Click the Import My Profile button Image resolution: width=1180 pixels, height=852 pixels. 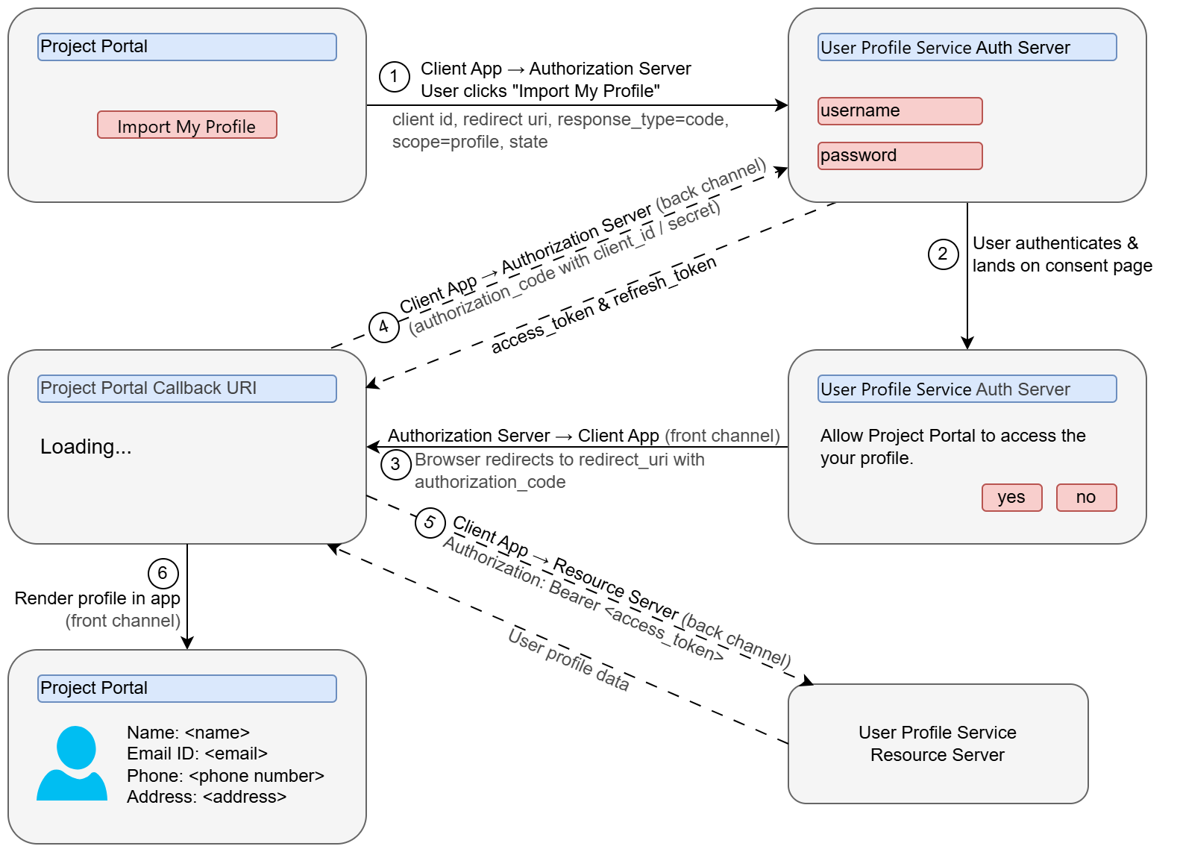[x=186, y=125]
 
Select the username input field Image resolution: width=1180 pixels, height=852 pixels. [x=900, y=111]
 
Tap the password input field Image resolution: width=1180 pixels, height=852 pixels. [x=900, y=156]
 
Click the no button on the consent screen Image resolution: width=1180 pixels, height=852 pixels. [x=1086, y=498]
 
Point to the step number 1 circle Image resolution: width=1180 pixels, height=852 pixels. [x=395, y=77]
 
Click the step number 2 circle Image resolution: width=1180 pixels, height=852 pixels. [x=943, y=254]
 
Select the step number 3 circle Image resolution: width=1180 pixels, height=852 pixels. [x=395, y=465]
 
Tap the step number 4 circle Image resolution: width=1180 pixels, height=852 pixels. [x=384, y=327]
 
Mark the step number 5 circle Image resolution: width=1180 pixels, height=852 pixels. [x=430, y=522]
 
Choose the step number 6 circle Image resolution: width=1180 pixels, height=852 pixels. [x=163, y=574]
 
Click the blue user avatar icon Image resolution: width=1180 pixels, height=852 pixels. [x=72, y=763]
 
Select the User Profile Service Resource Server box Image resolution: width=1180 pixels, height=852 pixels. [x=938, y=744]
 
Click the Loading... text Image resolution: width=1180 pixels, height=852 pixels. [x=86, y=447]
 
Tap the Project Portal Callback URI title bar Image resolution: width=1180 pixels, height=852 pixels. [x=186, y=389]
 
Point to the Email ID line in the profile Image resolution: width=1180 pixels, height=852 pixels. [x=197, y=754]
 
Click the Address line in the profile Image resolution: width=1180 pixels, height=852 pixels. [x=207, y=797]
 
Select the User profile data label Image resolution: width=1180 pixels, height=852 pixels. [x=568, y=660]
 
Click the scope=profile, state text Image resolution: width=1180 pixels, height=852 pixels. [x=470, y=142]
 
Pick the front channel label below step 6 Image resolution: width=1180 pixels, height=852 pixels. [x=123, y=621]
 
